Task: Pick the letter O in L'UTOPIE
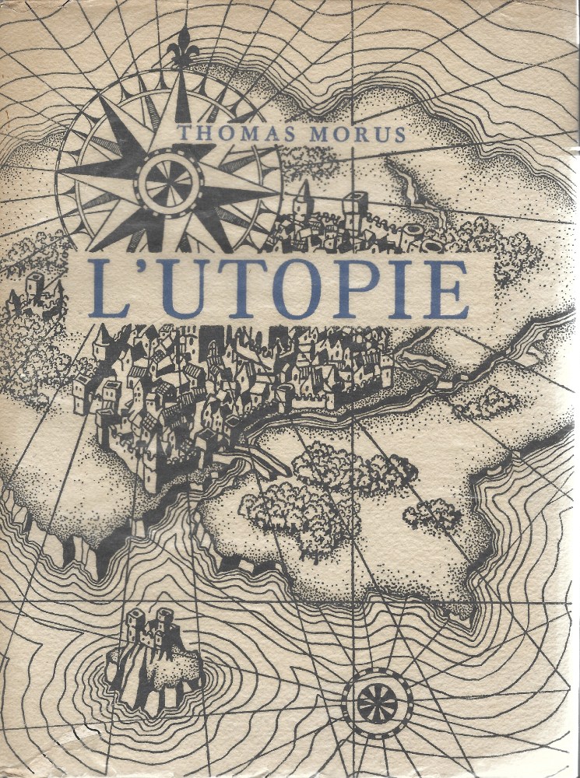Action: pos(297,289)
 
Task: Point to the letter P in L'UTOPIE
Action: pos(357,289)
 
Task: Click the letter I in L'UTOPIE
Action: pos(400,289)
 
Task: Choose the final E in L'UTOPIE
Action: pos(445,289)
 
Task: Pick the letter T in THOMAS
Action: pos(184,134)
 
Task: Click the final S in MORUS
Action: pos(399,134)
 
